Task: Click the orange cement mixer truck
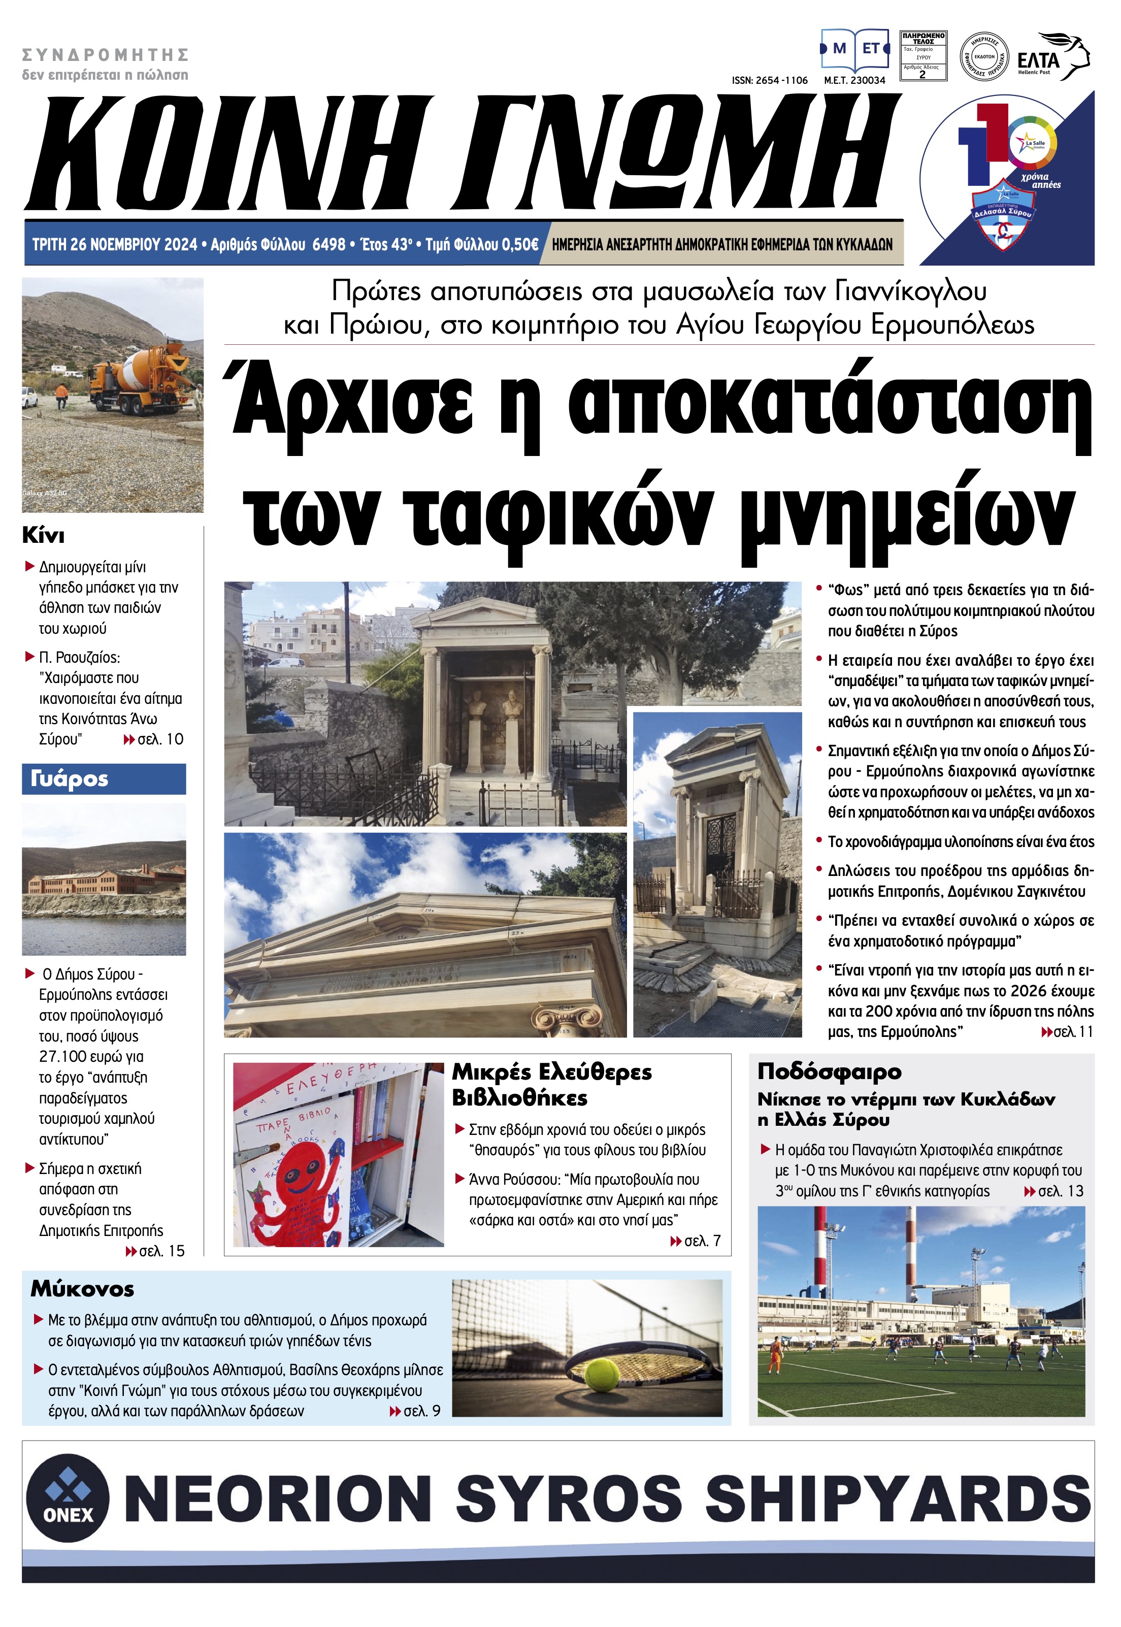(134, 375)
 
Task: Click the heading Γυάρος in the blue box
(70, 778)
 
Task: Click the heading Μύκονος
(82, 1289)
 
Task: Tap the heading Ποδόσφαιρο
(829, 1072)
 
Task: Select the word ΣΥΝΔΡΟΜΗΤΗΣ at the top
(106, 55)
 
